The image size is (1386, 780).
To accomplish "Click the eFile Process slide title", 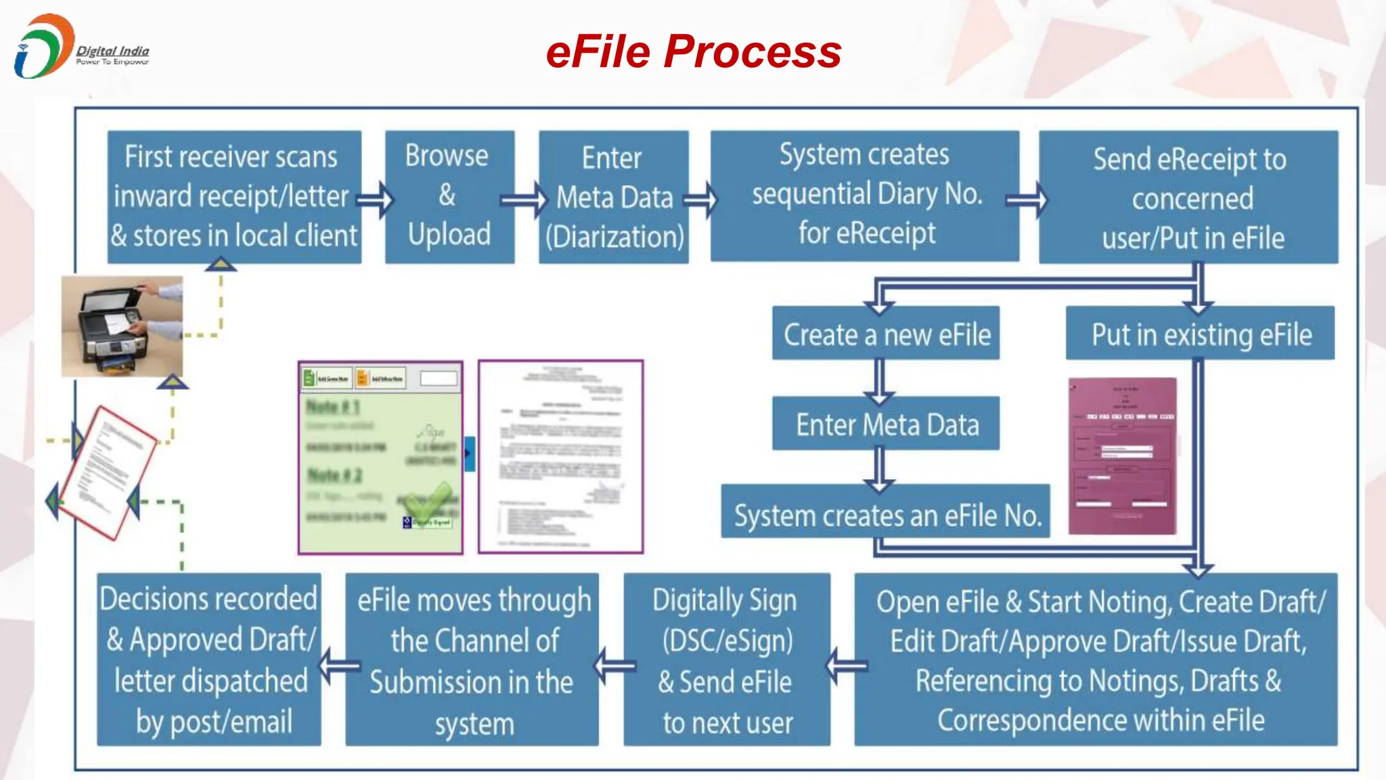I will pos(693,51).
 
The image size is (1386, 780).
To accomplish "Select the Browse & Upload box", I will pos(449,196).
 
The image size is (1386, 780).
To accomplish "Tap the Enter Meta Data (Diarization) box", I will pos(614,197).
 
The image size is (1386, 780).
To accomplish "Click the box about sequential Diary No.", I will pos(864,195).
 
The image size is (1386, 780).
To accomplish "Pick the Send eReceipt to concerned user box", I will pos(1188,197).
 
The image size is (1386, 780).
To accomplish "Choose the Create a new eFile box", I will pos(886,334).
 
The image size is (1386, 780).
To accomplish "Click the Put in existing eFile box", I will pos(1200,334).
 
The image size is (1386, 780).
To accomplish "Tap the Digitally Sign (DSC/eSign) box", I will pos(727,660).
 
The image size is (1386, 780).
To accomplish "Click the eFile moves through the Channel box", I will pos(472,660).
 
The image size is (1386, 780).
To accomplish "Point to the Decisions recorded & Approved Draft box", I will pos(209,660).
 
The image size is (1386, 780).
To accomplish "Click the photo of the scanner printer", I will pos(122,326).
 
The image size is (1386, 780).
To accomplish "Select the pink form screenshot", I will pos(1123,456).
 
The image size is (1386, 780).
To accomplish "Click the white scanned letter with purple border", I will pos(560,457).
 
